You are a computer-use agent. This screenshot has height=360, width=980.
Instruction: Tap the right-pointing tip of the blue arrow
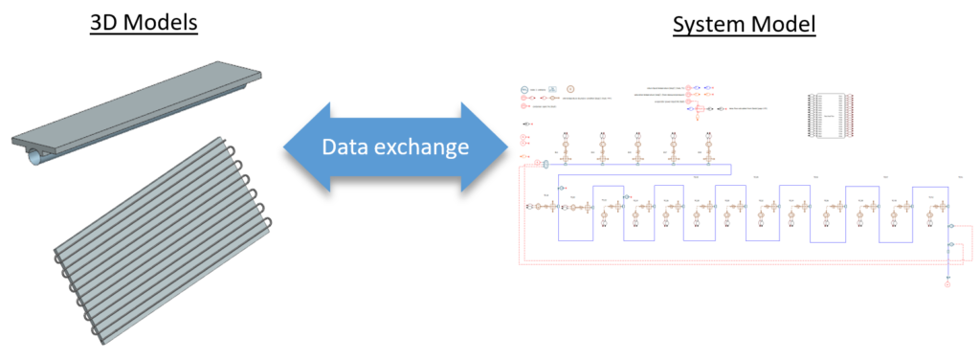507,147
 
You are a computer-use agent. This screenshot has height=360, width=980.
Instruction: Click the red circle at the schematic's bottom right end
947,289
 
